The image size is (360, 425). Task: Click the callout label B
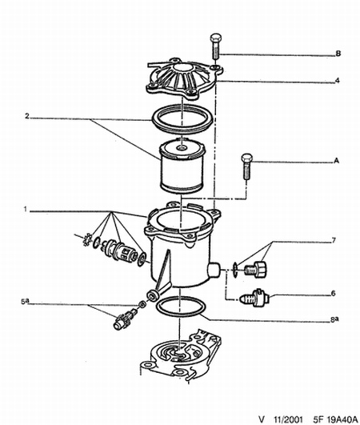tap(338, 54)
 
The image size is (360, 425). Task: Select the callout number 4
tap(338, 80)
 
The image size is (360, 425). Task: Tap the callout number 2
tap(27, 116)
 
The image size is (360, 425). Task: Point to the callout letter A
tap(336, 161)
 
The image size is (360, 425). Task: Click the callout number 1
tap(25, 209)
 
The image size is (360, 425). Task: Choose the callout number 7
tap(334, 240)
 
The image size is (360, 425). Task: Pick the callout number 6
tap(333, 293)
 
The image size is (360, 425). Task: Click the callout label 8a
tap(334, 319)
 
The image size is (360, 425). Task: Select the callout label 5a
tap(25, 302)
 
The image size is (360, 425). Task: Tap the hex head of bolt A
tap(246, 158)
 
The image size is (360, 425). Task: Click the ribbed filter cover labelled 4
tap(185, 78)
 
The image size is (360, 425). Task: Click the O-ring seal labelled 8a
tap(181, 307)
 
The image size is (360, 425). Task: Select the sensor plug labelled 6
tap(255, 299)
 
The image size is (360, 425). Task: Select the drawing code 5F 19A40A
tap(335, 419)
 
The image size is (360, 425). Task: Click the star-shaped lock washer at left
tap(88, 239)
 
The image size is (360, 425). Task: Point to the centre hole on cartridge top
tap(181, 148)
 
